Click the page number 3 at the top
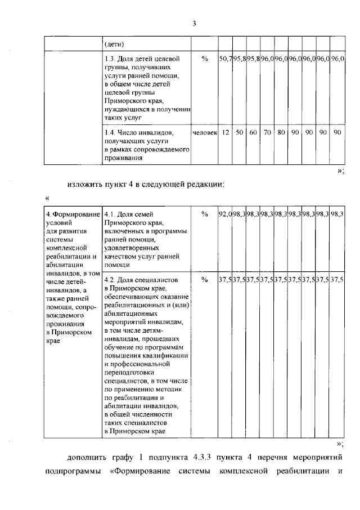(194, 24)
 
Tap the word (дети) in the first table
(115, 44)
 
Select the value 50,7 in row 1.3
(226, 59)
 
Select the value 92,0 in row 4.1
(226, 214)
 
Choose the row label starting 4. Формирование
(73, 214)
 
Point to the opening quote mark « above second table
(47, 198)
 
